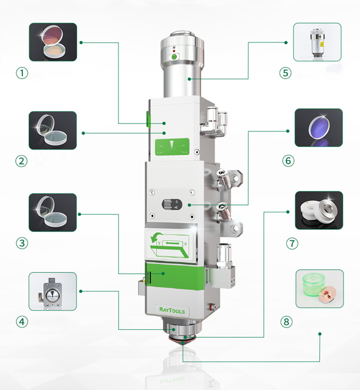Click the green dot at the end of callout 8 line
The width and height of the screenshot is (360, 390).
pos(319,334)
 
